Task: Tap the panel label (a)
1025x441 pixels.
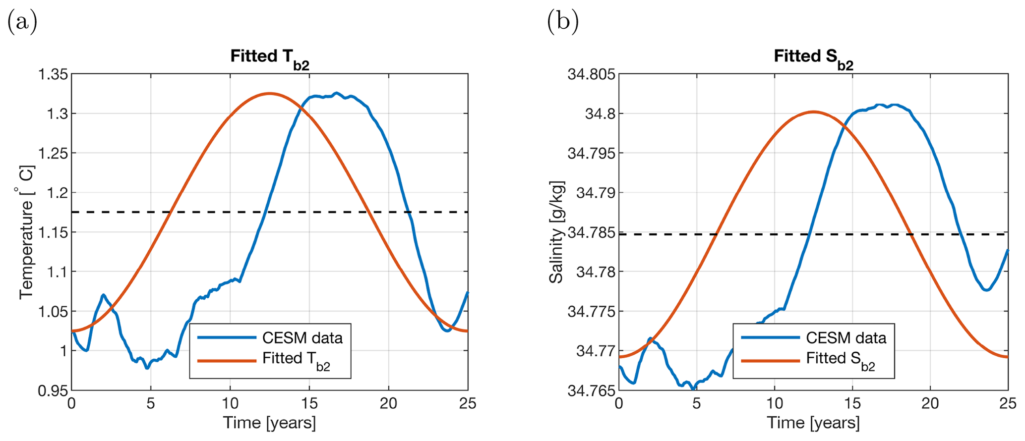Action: pos(22,23)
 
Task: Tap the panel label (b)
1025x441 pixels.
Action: pos(563,23)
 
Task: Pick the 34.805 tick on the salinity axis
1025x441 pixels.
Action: pos(591,75)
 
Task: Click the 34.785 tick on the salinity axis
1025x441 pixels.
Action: pos(591,232)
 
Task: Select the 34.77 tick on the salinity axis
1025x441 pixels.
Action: pos(595,351)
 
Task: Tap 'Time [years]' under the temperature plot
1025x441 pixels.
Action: pos(269,423)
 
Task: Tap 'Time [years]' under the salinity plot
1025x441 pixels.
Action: pos(813,423)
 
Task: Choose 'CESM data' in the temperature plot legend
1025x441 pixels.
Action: pos(302,338)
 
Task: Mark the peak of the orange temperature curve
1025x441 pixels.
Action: pos(269,93)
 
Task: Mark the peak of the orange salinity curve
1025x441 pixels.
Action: pos(813,111)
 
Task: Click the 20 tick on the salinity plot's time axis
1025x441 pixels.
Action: pos(930,403)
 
